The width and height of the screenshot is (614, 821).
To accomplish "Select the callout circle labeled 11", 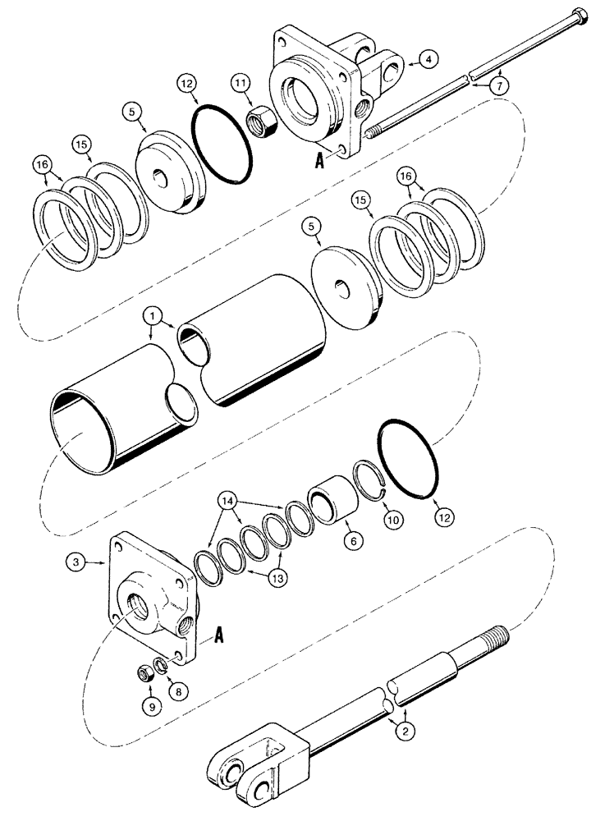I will [239, 84].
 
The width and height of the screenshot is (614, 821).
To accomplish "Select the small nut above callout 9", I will [144, 674].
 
